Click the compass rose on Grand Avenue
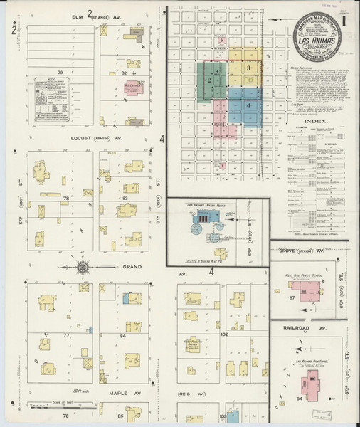pyautogui.click(x=83, y=268)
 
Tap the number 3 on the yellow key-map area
pyautogui.click(x=248, y=67)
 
